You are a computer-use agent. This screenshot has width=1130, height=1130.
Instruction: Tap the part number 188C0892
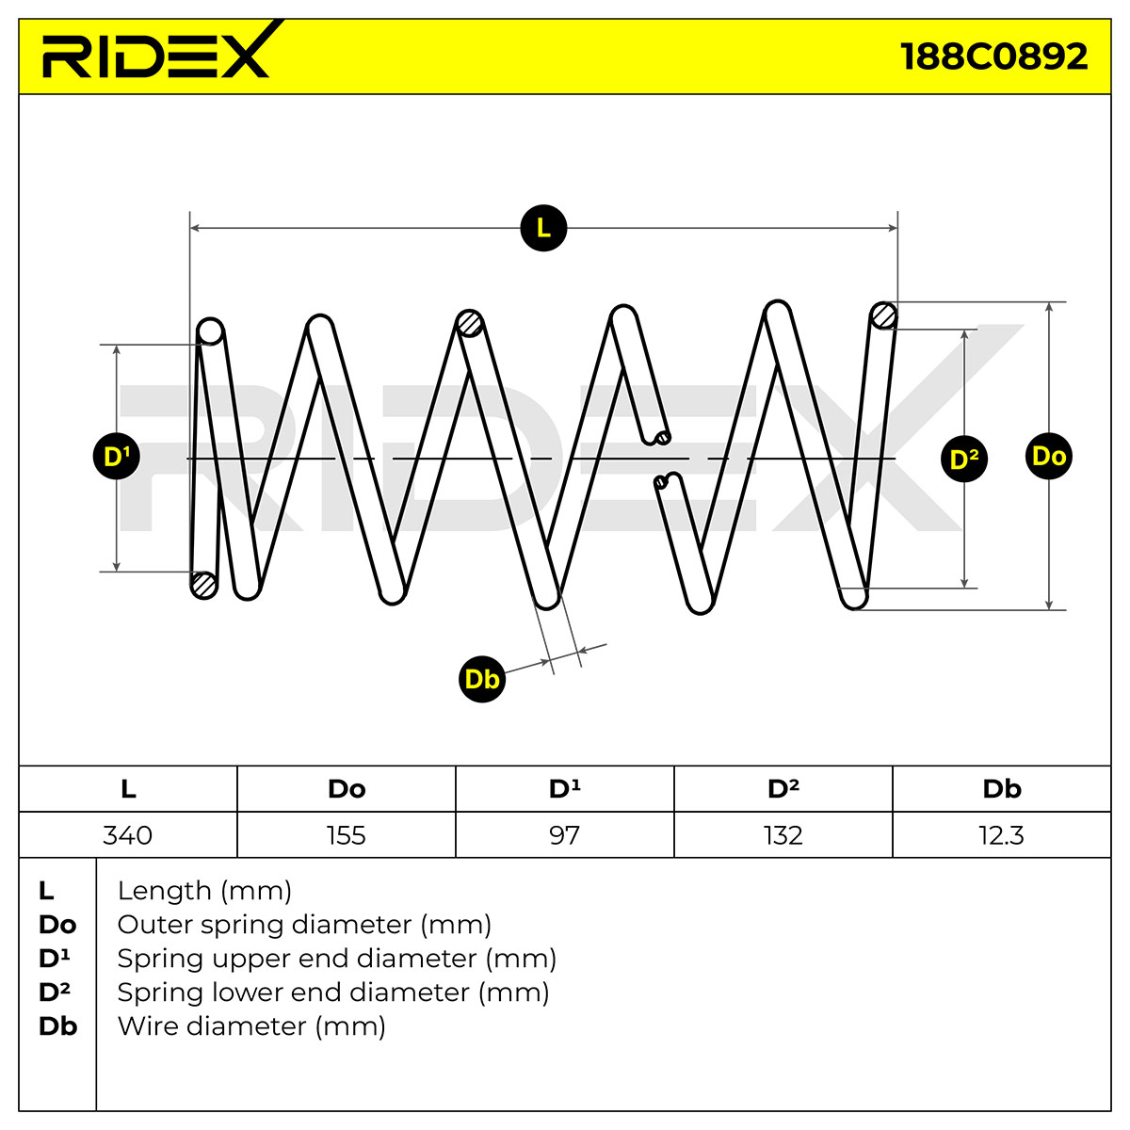pyautogui.click(x=993, y=56)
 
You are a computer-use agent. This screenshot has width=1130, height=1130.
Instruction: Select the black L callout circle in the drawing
pyautogui.click(x=543, y=228)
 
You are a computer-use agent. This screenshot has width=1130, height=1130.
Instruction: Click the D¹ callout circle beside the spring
pyautogui.click(x=116, y=456)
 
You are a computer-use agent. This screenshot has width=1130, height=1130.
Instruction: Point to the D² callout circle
pyautogui.click(x=964, y=459)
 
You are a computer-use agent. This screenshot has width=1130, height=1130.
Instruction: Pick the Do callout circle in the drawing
pyautogui.click(x=1048, y=456)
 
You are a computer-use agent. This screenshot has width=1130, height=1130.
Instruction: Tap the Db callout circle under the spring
pyautogui.click(x=481, y=679)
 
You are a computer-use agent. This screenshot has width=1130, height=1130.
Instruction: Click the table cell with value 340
pyautogui.click(x=128, y=835)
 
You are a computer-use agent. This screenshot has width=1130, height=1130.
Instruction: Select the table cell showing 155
pyautogui.click(x=347, y=835)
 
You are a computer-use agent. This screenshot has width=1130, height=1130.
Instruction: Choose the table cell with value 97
pyautogui.click(x=565, y=835)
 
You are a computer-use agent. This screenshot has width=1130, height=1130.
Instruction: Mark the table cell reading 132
pyautogui.click(x=783, y=835)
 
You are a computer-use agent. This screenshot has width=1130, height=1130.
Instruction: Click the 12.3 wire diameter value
pyautogui.click(x=1002, y=835)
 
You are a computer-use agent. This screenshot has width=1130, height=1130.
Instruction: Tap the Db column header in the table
pyautogui.click(x=1002, y=789)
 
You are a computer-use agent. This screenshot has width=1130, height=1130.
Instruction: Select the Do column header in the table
pyautogui.click(x=347, y=789)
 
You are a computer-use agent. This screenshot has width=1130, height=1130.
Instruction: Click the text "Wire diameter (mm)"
pyautogui.click(x=251, y=1026)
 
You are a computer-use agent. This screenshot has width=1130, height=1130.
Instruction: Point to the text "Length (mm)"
pyautogui.click(x=204, y=891)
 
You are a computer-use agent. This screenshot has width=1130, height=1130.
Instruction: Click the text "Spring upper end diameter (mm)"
pyautogui.click(x=336, y=959)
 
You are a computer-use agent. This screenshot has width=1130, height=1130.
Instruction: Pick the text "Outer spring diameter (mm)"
pyautogui.click(x=304, y=925)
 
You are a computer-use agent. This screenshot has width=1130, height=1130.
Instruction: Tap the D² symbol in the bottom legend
pyautogui.click(x=55, y=993)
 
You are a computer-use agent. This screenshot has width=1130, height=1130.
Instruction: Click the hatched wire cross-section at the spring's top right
pyautogui.click(x=883, y=316)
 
